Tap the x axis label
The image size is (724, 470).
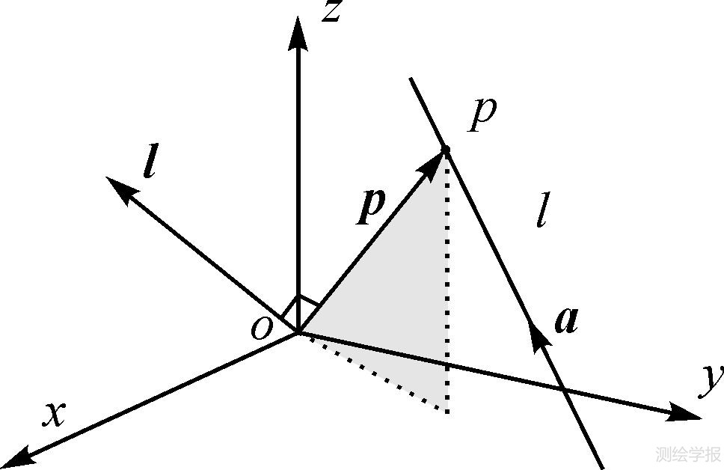53,414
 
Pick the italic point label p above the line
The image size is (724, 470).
482,115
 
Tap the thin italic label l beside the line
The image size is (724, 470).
542,213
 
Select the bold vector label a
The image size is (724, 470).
566,320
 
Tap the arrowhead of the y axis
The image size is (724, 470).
685,412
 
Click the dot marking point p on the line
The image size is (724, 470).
446,152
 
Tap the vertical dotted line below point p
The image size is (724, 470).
447,299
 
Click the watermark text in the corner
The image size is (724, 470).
686,454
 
